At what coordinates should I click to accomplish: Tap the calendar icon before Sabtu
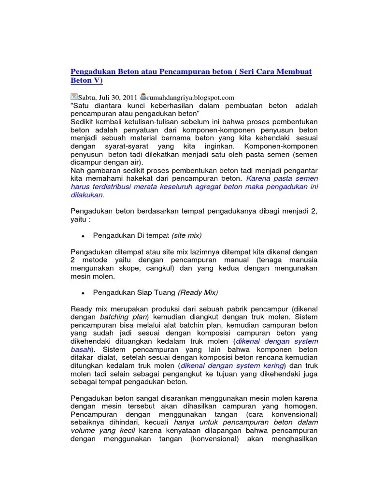[x=74, y=97]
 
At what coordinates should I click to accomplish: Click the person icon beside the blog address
[x=143, y=97]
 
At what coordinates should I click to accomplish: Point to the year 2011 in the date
[x=129, y=97]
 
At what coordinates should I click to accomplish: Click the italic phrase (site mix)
[x=186, y=235]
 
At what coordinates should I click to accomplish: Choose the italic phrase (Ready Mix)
[x=198, y=292]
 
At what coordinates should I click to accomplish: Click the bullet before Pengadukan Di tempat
[x=84, y=236]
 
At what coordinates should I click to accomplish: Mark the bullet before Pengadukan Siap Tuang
[x=84, y=293]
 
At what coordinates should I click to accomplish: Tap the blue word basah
[x=81, y=349]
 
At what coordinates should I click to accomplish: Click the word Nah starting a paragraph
[x=77, y=170]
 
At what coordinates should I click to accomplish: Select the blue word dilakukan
[x=87, y=195]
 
